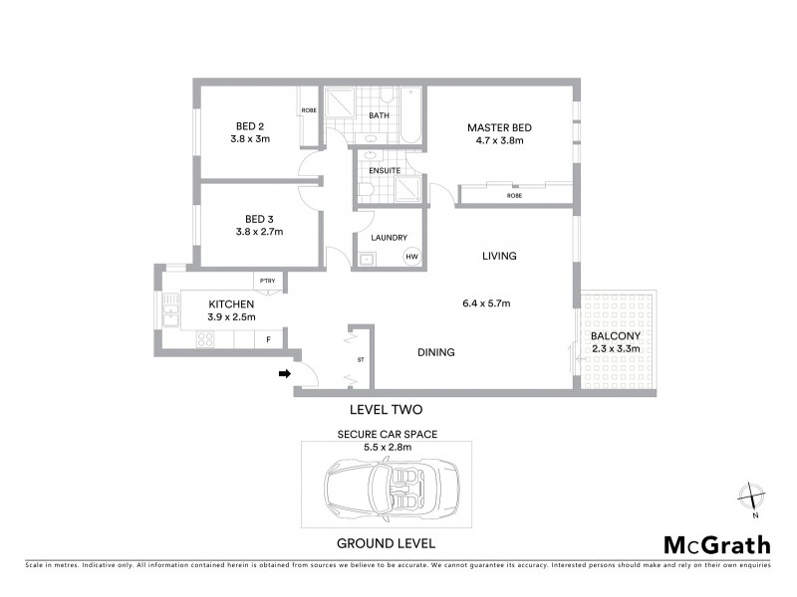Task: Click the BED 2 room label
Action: (x=250, y=125)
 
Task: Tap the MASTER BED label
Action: (x=499, y=127)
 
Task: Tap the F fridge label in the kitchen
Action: (x=267, y=340)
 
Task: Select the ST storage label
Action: (x=361, y=360)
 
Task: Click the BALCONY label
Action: (x=614, y=335)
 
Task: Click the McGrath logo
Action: (x=716, y=544)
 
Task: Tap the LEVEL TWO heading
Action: (x=387, y=409)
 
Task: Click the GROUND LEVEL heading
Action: (x=386, y=543)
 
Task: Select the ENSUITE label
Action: (x=385, y=170)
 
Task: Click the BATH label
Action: (x=380, y=115)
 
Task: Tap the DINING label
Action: (x=436, y=352)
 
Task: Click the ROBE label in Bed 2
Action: (x=309, y=110)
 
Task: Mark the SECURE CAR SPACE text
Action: (x=387, y=434)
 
